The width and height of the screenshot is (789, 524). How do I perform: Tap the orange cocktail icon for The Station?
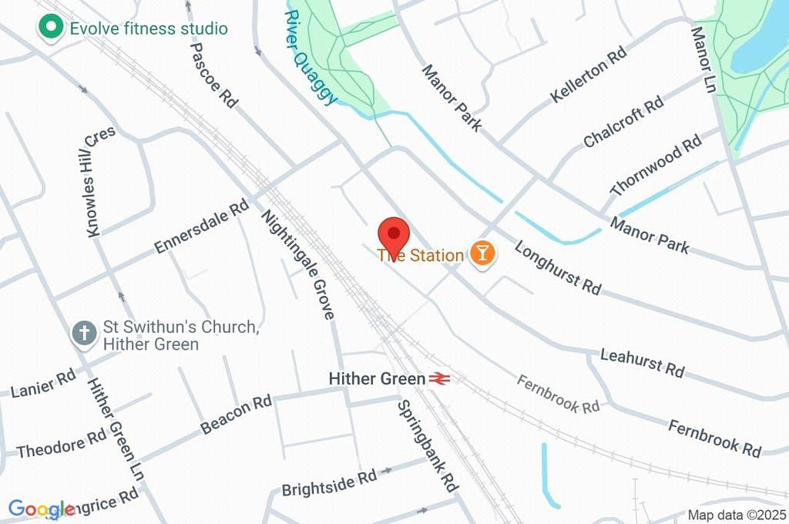click(x=482, y=254)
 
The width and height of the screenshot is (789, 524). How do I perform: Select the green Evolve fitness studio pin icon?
click(x=52, y=29)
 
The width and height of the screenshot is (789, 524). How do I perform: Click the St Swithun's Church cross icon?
click(x=84, y=334)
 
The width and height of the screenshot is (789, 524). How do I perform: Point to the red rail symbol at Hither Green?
click(x=440, y=379)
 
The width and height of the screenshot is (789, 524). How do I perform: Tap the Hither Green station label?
click(x=377, y=379)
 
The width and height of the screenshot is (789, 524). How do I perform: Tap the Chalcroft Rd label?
click(x=623, y=123)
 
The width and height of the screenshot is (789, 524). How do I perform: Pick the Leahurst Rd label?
click(x=642, y=361)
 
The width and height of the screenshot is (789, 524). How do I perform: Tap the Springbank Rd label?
click(x=428, y=446)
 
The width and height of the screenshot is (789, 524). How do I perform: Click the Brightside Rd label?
click(x=329, y=483)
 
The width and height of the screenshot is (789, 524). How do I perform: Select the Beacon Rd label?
click(x=236, y=415)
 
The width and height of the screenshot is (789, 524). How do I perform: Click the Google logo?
click(x=42, y=509)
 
